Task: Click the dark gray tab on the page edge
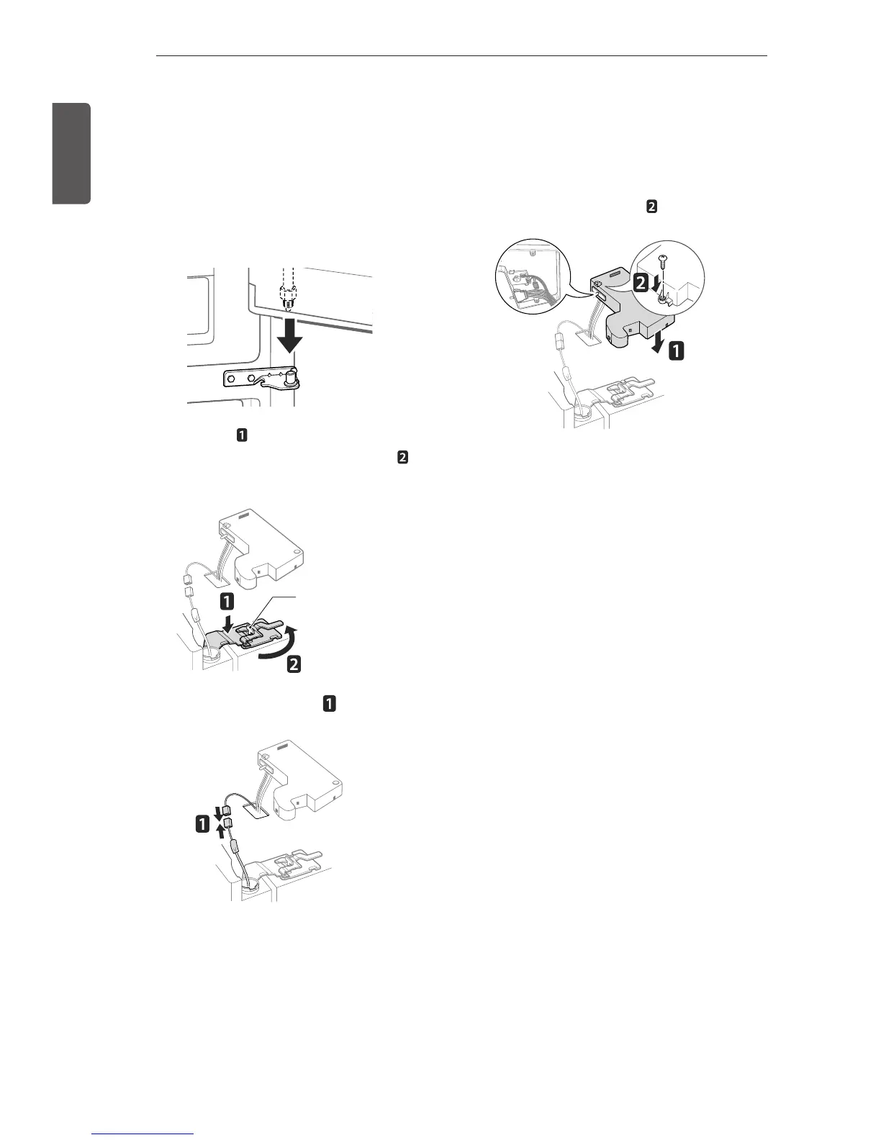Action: pos(71,153)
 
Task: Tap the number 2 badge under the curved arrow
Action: pos(294,666)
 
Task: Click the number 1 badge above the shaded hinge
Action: pos(226,600)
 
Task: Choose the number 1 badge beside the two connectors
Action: pos(203,827)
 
